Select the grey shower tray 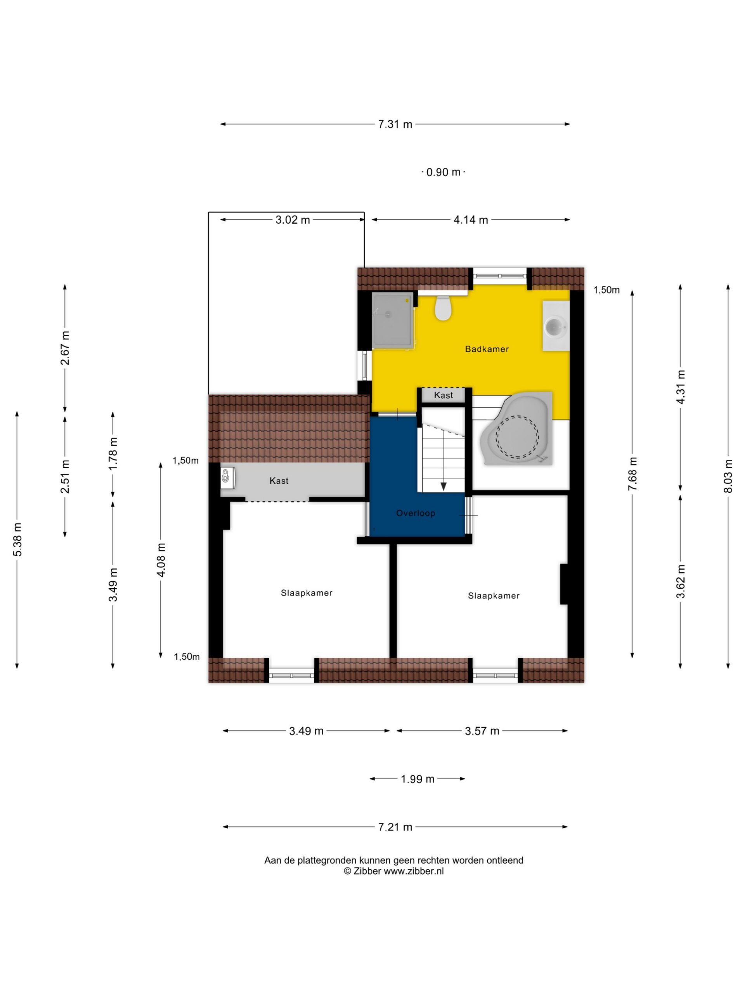tap(392, 320)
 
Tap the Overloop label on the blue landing tap(416, 513)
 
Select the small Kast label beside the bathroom tap(443, 395)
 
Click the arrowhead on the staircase tap(443, 486)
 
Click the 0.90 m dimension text tap(443, 172)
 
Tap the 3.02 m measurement tap(292, 220)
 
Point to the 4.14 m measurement tap(471, 220)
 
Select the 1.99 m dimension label tap(418, 779)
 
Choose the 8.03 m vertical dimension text tap(728, 476)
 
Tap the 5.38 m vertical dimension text tap(17, 540)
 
